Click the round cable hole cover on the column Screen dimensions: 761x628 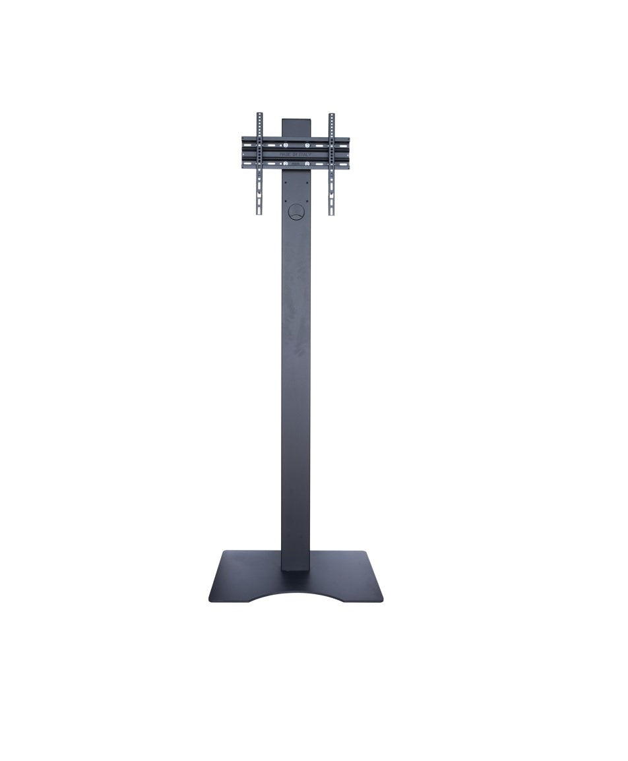[296, 212]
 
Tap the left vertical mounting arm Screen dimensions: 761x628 [259, 165]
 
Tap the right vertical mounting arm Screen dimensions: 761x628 [331, 165]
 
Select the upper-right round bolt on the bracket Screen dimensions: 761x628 [307, 145]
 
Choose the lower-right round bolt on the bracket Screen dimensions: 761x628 [307, 162]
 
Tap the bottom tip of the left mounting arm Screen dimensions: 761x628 [259, 213]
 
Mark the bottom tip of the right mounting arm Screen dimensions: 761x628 [331, 213]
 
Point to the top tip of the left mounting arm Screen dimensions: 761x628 [259, 115]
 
